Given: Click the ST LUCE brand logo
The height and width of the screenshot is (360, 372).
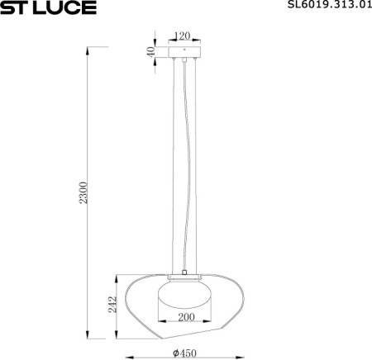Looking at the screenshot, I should (x=49, y=8).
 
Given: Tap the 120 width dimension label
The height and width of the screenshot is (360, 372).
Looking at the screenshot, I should (x=184, y=36).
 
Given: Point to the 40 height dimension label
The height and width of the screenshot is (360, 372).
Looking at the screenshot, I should (x=151, y=51).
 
